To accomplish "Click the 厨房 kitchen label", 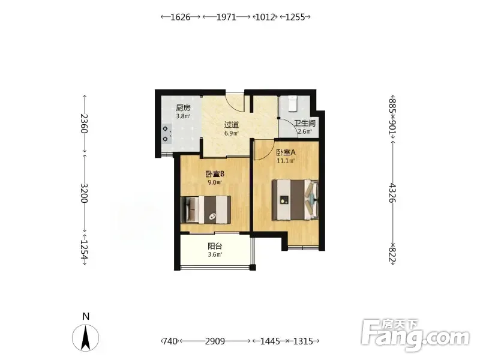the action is [x=183, y=108].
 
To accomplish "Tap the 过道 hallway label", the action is [x=232, y=125].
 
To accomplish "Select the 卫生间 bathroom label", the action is [x=305, y=123].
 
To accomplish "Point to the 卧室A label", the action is [x=286, y=152].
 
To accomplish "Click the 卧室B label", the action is [x=215, y=174].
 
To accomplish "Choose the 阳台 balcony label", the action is [x=215, y=246].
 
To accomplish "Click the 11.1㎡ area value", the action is [x=286, y=161].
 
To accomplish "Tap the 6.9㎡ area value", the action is [x=232, y=133].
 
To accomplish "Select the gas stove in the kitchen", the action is [x=166, y=134].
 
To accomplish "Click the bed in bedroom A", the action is [x=295, y=200].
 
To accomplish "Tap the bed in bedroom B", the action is [x=206, y=209].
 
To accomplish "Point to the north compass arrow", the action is [x=85, y=338].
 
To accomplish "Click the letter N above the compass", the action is [x=86, y=316].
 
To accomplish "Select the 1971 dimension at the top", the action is [x=227, y=17].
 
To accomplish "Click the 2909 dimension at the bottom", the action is [x=215, y=341].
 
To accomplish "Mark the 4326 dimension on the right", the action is [x=392, y=193].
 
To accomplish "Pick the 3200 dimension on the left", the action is [x=84, y=193].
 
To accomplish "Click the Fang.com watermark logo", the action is [x=415, y=335].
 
